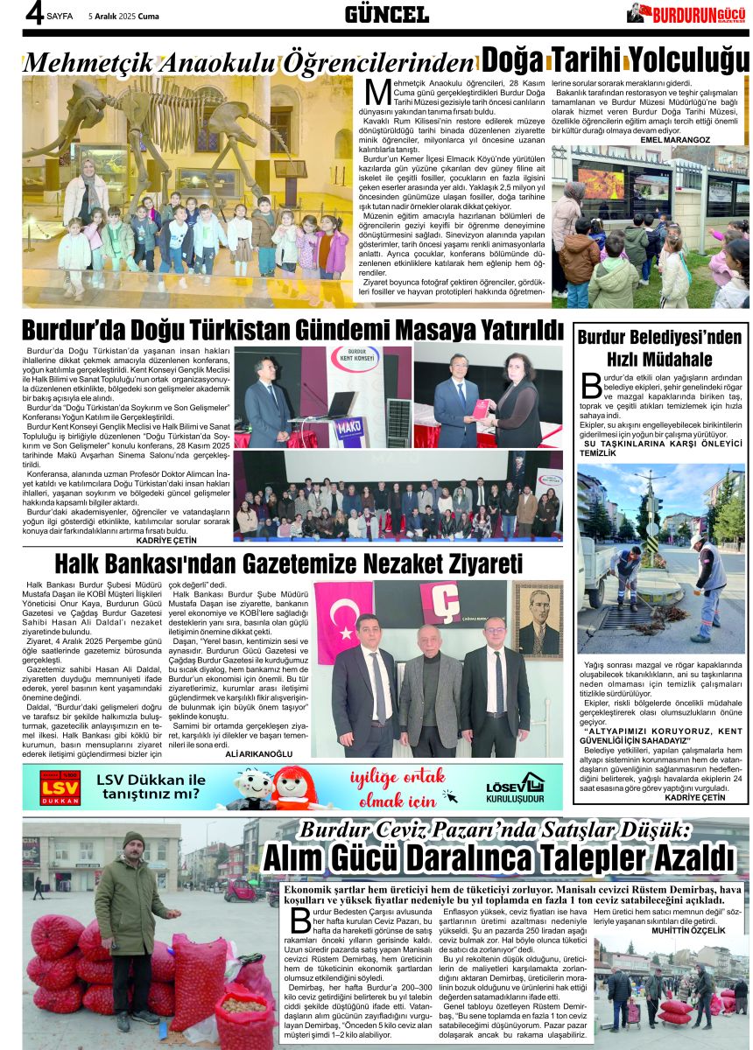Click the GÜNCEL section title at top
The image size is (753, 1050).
point(386,14)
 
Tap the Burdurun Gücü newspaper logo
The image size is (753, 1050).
point(686,13)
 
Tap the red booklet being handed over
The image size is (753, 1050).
point(481,407)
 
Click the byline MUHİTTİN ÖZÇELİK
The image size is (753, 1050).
point(689,930)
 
